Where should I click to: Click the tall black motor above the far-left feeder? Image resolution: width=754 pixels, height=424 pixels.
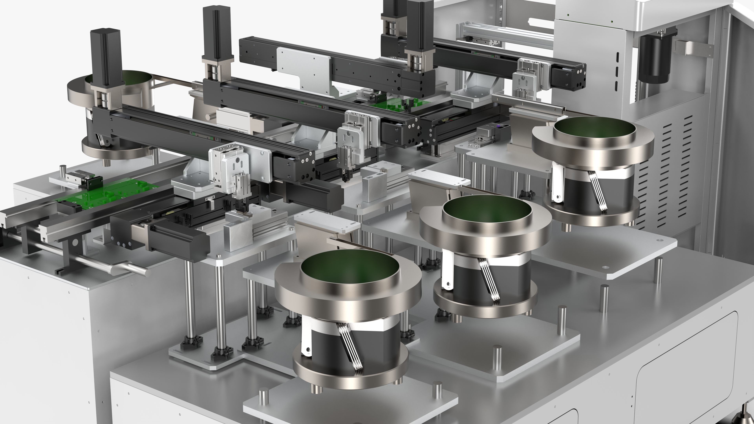coord(106,56)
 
